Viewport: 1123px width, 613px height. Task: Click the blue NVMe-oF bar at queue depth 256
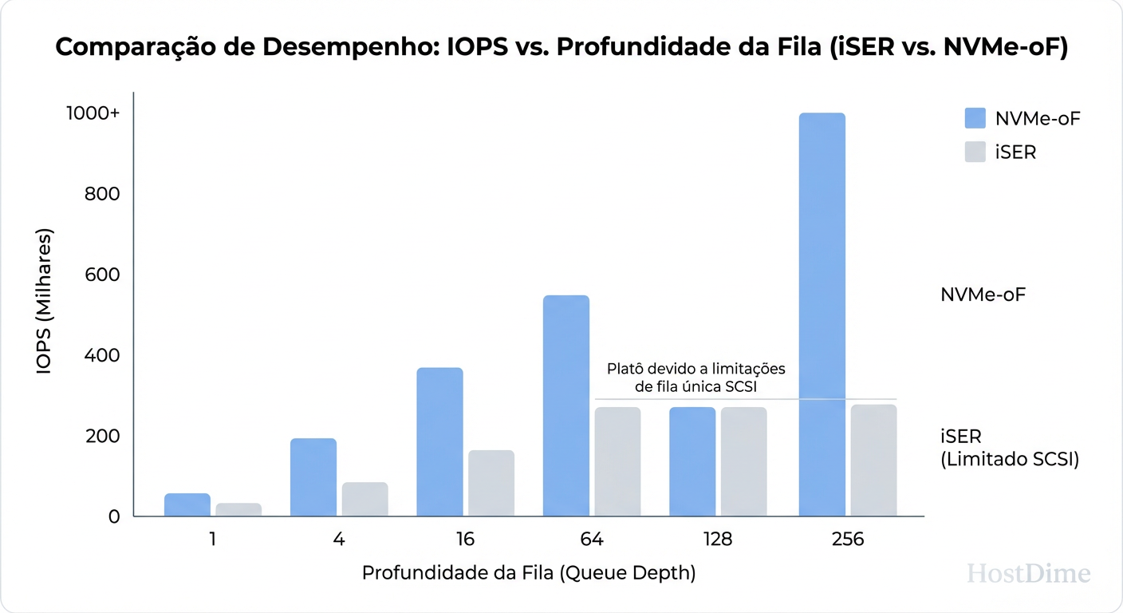[x=822, y=314]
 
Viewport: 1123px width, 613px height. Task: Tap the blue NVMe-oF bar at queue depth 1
[x=187, y=504]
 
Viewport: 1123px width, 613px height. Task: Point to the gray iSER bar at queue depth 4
[x=365, y=499]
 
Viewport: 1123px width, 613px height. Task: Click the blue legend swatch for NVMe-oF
[x=975, y=118]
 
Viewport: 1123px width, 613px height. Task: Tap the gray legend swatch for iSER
[x=975, y=152]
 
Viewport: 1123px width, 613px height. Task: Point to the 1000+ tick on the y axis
[x=93, y=113]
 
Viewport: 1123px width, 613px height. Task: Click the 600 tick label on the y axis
[x=103, y=275]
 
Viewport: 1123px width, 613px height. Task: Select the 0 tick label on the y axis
[x=114, y=516]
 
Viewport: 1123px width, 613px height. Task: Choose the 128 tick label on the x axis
[x=718, y=540]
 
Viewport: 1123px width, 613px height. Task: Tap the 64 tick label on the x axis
[x=592, y=540]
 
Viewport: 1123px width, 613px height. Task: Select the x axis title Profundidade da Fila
[x=528, y=573]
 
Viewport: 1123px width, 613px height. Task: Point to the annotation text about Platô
[x=695, y=378]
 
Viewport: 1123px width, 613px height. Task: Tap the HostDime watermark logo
[x=1028, y=573]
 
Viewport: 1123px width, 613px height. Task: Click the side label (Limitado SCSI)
[x=1010, y=460]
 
